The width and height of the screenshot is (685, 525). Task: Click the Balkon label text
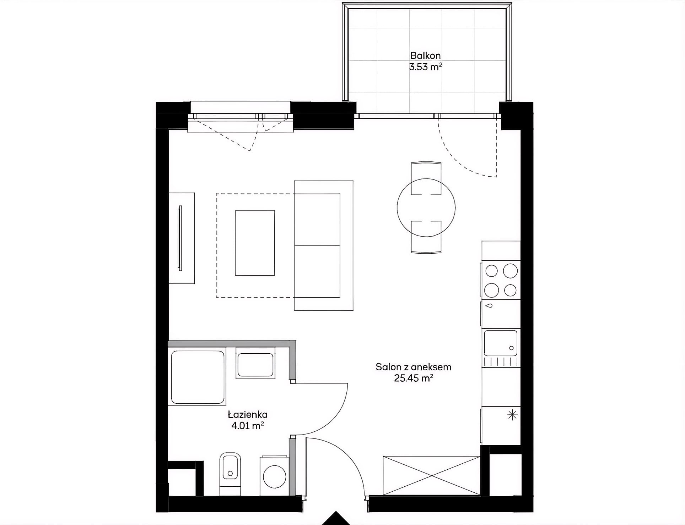[425, 56]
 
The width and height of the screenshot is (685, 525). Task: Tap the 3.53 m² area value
[425, 67]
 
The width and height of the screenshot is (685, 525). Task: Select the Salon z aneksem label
[414, 367]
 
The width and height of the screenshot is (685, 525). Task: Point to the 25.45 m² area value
[414, 378]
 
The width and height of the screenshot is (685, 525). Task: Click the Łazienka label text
[248, 414]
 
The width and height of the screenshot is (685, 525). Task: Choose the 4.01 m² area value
[248, 425]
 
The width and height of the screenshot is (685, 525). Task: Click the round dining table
[426, 208]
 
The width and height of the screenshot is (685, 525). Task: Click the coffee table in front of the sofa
[255, 243]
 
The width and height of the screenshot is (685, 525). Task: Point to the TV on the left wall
[180, 238]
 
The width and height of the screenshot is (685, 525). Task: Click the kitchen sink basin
[501, 343]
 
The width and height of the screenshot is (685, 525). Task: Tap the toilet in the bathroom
[230, 474]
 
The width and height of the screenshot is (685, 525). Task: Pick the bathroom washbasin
[255, 365]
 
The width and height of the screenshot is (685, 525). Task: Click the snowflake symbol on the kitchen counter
[512, 415]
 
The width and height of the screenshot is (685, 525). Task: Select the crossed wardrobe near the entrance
[432, 475]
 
